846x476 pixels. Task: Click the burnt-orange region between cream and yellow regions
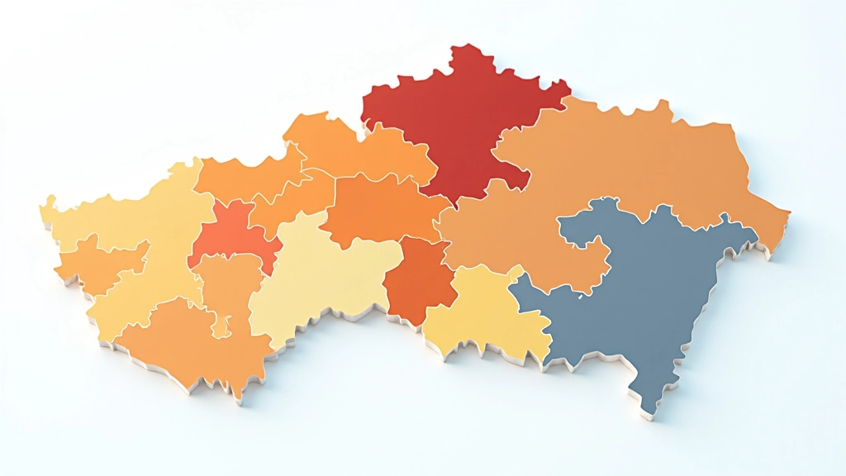point(420,281)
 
